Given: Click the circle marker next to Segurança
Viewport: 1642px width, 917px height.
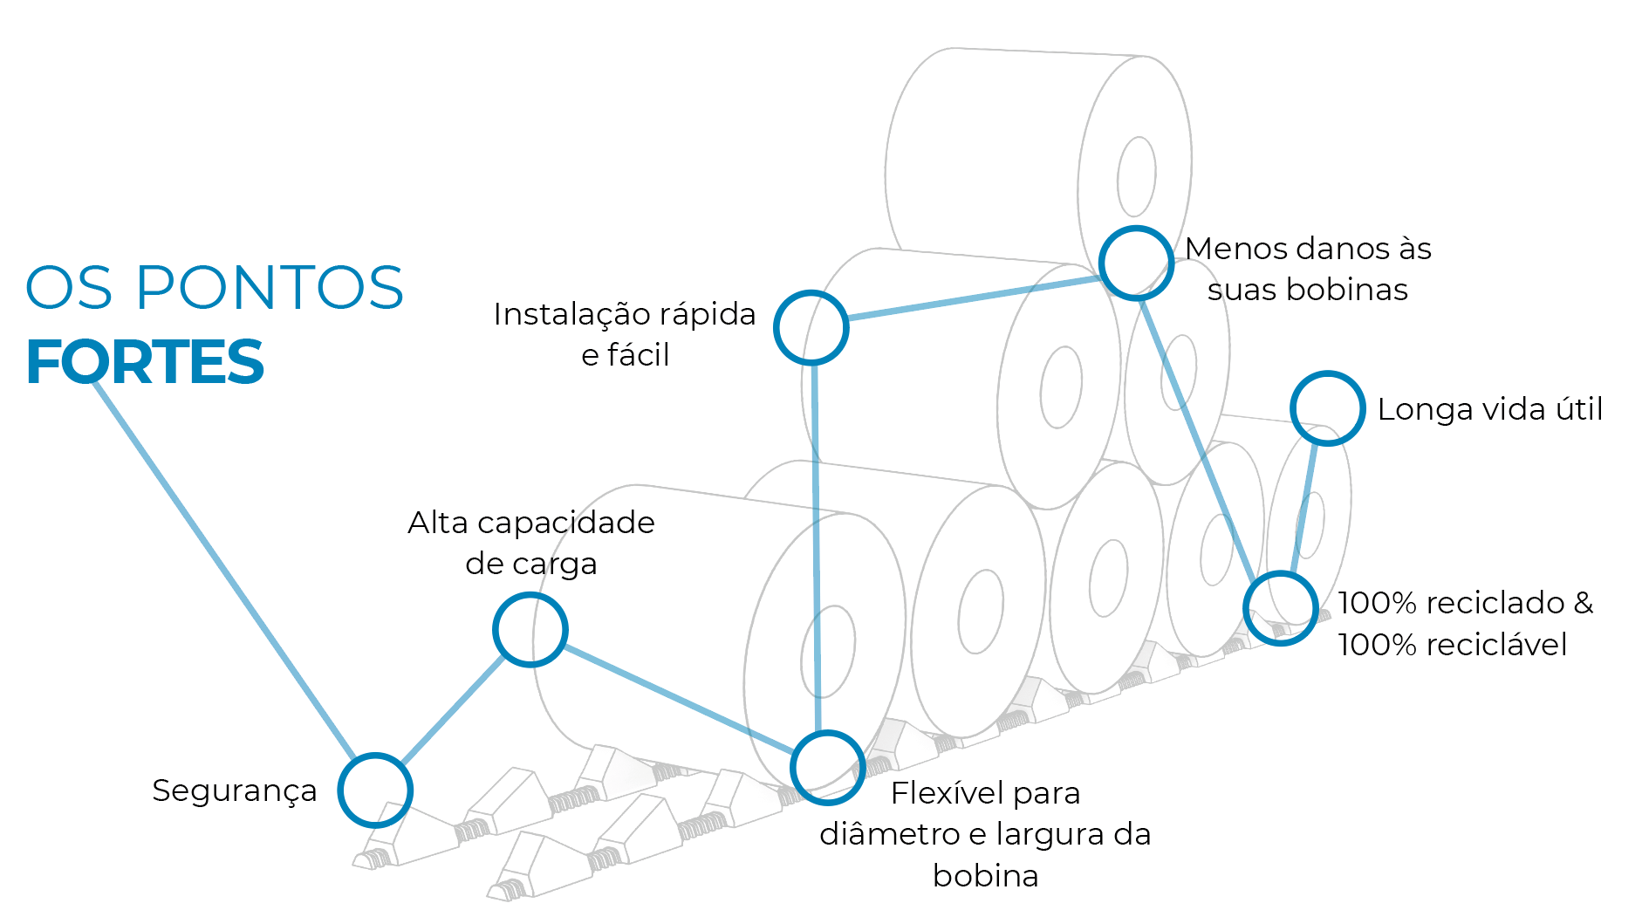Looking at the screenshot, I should (x=375, y=790).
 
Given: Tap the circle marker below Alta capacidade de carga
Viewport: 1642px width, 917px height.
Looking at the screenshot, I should (x=530, y=629).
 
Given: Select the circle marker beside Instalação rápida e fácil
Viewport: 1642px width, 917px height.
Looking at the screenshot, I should (x=811, y=327).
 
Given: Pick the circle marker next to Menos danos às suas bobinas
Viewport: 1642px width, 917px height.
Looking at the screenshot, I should (x=1136, y=263).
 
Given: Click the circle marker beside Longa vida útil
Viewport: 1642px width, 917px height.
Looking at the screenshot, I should (x=1327, y=408).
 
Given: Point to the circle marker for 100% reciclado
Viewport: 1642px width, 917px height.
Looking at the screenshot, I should (x=1280, y=608).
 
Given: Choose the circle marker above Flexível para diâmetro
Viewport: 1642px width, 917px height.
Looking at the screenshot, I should (x=827, y=767).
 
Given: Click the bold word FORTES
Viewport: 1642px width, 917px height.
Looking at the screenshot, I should (x=145, y=363).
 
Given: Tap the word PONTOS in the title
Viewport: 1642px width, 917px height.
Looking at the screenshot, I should (x=270, y=288).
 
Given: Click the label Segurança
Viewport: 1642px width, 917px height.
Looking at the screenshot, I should (x=234, y=790).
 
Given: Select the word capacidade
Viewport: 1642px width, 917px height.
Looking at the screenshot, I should (x=566, y=523).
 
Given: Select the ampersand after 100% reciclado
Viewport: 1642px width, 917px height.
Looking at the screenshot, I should (x=1583, y=603).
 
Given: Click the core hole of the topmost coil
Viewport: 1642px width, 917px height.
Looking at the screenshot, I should (x=1136, y=176).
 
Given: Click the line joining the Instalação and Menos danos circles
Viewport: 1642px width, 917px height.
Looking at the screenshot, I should (x=973, y=298).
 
